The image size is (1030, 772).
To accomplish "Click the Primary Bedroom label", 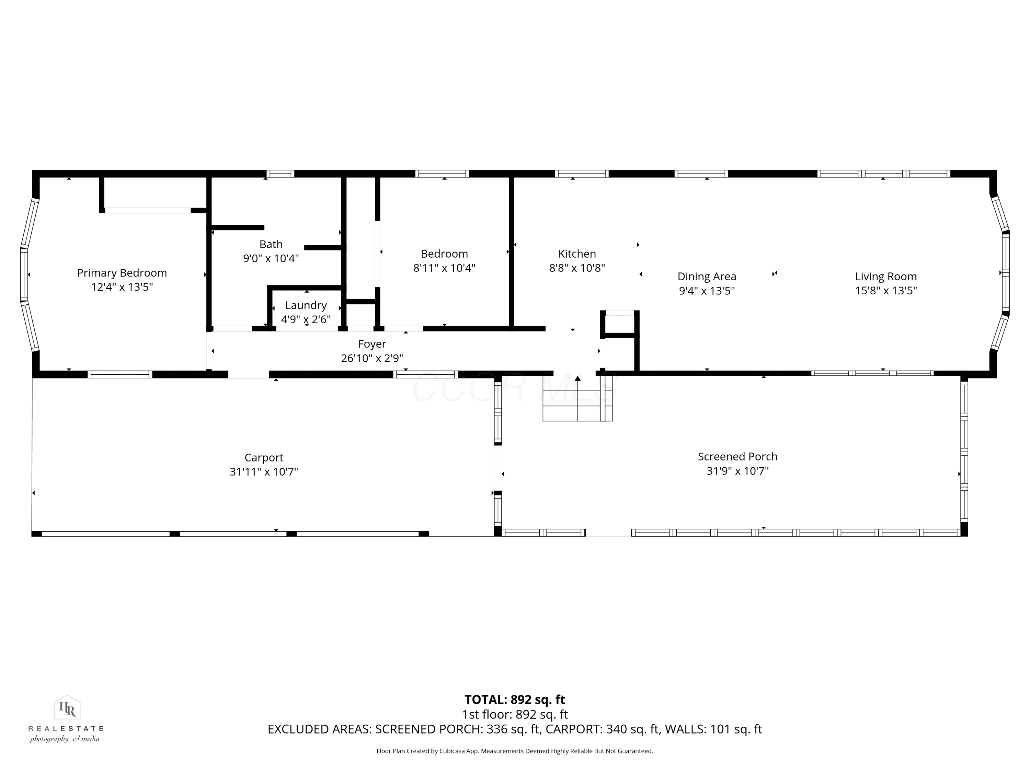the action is [122, 273].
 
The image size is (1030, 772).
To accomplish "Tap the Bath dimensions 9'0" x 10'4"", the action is [271, 258].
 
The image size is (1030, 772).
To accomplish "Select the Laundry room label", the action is [306, 305].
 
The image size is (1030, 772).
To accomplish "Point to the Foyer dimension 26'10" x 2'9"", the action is [372, 358].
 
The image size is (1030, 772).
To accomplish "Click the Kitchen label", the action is [577, 254].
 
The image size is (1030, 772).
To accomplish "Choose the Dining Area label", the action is [707, 277].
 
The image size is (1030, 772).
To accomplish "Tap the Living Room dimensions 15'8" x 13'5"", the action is [886, 291].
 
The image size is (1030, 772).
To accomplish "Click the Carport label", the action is [264, 458].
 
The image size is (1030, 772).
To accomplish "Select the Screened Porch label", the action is [737, 456].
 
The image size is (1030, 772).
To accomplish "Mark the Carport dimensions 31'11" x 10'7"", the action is [264, 472].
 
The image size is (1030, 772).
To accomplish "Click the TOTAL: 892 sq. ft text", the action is [515, 700].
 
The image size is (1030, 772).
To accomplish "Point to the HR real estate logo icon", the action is [68, 708].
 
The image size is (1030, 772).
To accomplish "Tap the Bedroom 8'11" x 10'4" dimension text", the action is [444, 268].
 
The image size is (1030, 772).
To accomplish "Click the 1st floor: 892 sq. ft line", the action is [515, 714].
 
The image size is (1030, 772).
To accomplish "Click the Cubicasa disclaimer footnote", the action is [515, 751].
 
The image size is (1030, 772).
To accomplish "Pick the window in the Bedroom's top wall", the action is [442, 174].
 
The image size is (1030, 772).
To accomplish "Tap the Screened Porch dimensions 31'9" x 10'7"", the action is [737, 471].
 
